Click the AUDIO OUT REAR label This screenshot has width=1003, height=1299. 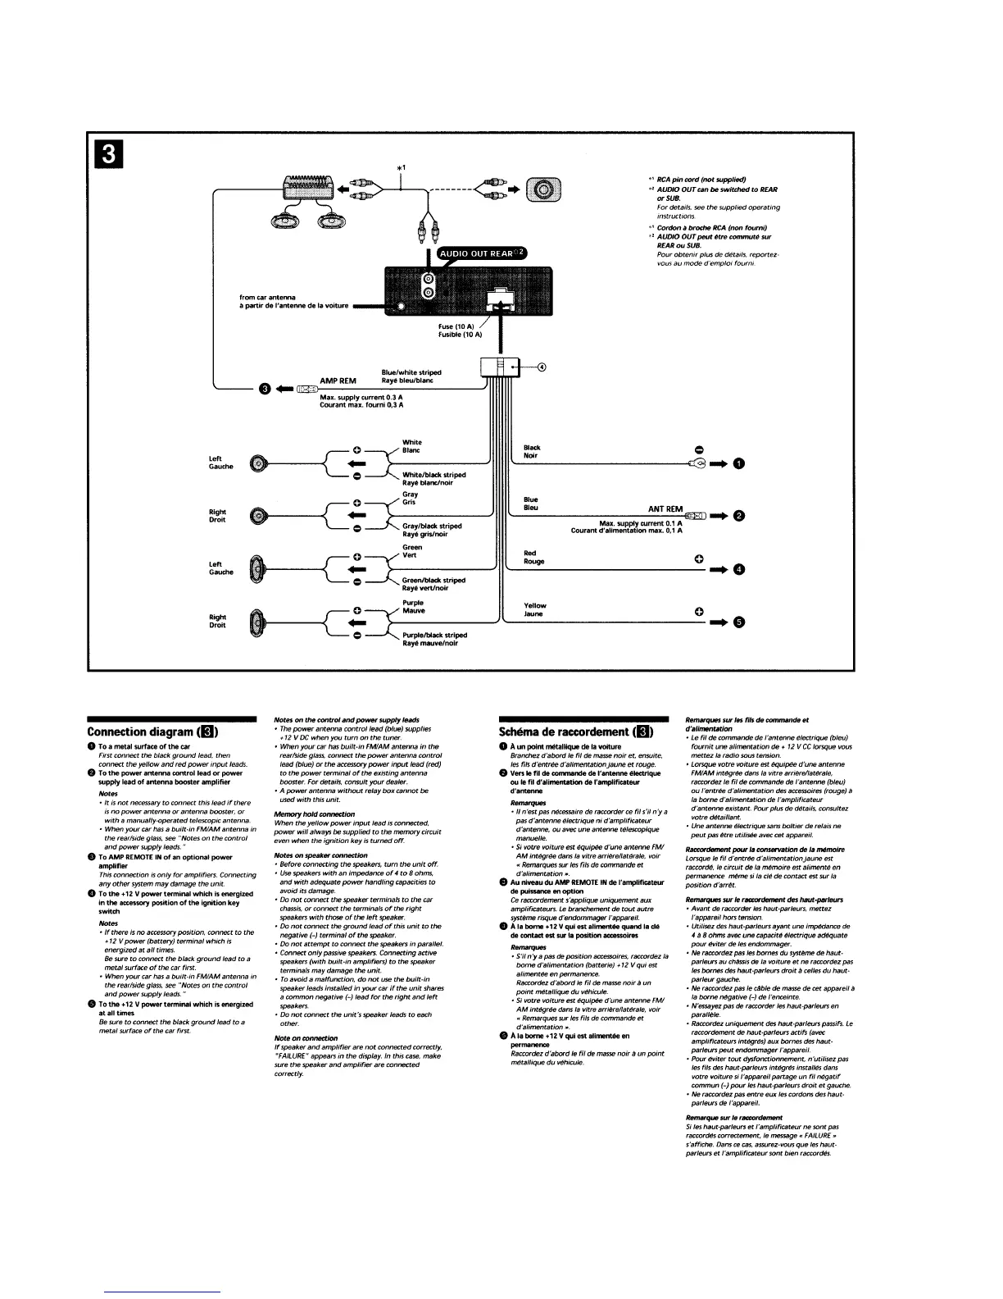484,253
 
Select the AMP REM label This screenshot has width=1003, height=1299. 338,381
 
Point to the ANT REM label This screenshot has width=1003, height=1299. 665,509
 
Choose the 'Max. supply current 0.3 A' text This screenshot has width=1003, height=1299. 361,397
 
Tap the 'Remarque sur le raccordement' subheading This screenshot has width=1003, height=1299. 733,1117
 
